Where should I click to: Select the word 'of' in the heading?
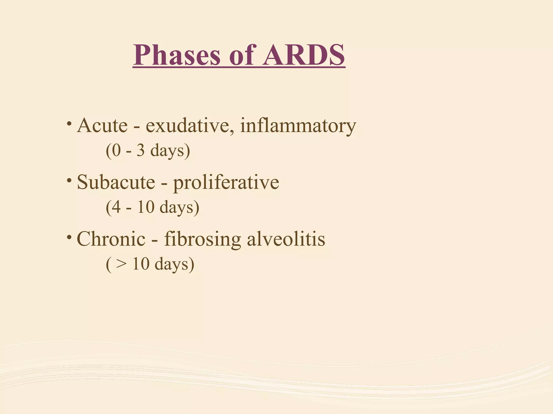point(242,55)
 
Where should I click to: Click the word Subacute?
point(116,182)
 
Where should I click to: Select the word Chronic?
point(111,239)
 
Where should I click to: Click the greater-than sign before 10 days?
point(121,264)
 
